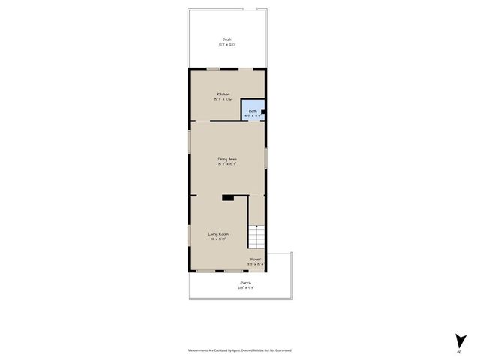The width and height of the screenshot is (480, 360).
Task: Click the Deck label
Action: pyautogui.click(x=226, y=40)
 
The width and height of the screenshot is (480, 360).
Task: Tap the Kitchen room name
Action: pyautogui.click(x=223, y=94)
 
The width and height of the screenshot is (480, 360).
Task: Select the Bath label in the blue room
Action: pyautogui.click(x=253, y=111)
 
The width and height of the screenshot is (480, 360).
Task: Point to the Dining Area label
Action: pyautogui.click(x=227, y=159)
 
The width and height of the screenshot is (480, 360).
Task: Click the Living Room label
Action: pyautogui.click(x=218, y=235)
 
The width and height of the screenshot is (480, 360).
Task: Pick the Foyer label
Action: pyautogui.click(x=256, y=259)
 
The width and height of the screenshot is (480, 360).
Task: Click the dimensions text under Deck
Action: pyautogui.click(x=226, y=45)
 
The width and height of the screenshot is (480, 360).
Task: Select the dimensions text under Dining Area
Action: pyautogui.click(x=227, y=164)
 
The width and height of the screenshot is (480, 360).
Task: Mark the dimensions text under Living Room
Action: pyautogui.click(x=218, y=240)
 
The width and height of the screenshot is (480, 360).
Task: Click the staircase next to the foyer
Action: pyautogui.click(x=257, y=238)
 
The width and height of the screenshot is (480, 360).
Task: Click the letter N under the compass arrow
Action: pyautogui.click(x=458, y=351)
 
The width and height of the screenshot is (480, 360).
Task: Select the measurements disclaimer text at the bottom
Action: pyautogui.click(x=240, y=350)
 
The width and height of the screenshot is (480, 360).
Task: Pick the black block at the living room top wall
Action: pyautogui.click(x=228, y=197)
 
